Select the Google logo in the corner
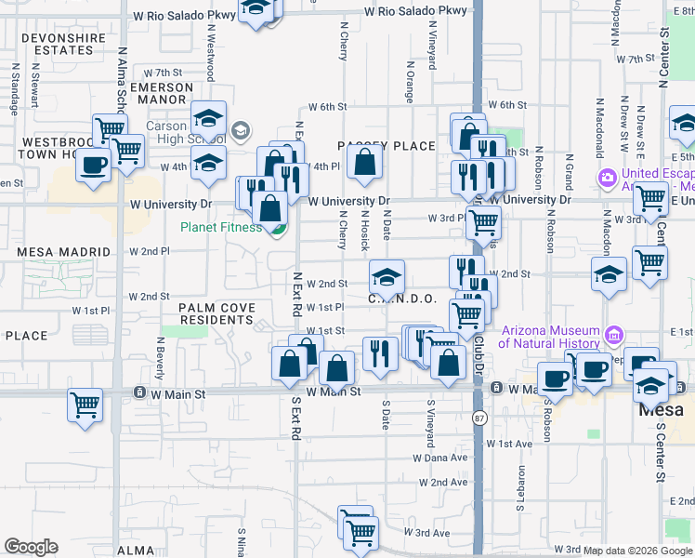(31, 547)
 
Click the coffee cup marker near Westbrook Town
(92, 165)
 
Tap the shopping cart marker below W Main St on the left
(85, 405)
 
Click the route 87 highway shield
(479, 417)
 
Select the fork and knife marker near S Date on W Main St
(380, 352)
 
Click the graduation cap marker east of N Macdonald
(609, 273)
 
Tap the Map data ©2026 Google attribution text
(636, 550)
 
